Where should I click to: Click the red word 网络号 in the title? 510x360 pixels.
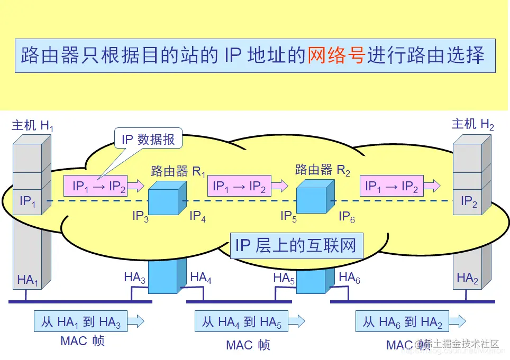tap(336, 56)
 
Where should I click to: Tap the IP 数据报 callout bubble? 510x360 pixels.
tap(148, 140)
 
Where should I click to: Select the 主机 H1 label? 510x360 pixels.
tap(32, 125)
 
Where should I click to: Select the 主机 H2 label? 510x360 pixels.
tap(472, 124)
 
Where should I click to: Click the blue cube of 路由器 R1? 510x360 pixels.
tap(166, 199)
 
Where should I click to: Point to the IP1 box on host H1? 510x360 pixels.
tap(28, 201)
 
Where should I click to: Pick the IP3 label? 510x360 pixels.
tap(140, 216)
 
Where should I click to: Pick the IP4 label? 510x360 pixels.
tap(197, 216)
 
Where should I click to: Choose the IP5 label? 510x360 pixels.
tap(289, 216)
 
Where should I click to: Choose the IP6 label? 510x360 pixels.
tap(347, 216)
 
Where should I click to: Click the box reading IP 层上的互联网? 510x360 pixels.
tap(296, 246)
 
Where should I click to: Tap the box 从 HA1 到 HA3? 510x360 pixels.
tap(81, 321)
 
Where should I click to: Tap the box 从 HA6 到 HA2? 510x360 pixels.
tap(403, 321)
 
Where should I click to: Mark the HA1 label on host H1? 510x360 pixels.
tap(28, 280)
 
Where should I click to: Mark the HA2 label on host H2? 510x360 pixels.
tap(468, 278)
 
